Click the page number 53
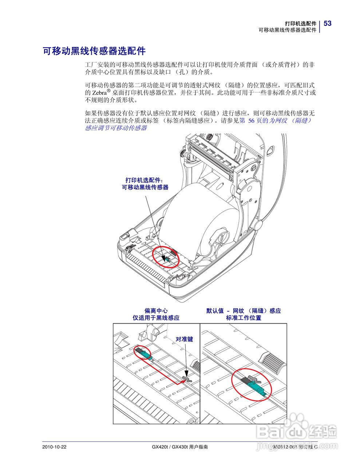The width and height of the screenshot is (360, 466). pyautogui.click(x=327, y=23)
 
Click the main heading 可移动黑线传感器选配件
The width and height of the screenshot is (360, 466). pyautogui.click(x=94, y=51)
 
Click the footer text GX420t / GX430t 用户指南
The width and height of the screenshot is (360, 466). pyautogui.click(x=180, y=447)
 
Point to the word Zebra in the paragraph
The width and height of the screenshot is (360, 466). pyautogui.click(x=98, y=93)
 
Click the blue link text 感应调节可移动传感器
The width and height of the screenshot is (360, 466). pyautogui.click(x=116, y=128)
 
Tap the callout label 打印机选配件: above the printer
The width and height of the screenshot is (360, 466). pyautogui.click(x=145, y=180)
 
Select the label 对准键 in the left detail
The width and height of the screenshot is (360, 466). pyautogui.click(x=184, y=339)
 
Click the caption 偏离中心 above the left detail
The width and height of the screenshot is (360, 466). pyautogui.click(x=156, y=311)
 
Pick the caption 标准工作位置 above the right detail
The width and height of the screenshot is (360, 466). pyautogui.click(x=244, y=318)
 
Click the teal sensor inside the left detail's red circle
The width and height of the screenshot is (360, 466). pyautogui.click(x=144, y=352)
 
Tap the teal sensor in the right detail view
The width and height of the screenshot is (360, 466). pyautogui.click(x=257, y=388)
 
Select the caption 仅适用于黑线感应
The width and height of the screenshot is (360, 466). pyautogui.click(x=156, y=318)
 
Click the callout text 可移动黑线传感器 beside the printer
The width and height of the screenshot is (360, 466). pyautogui.click(x=145, y=187)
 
